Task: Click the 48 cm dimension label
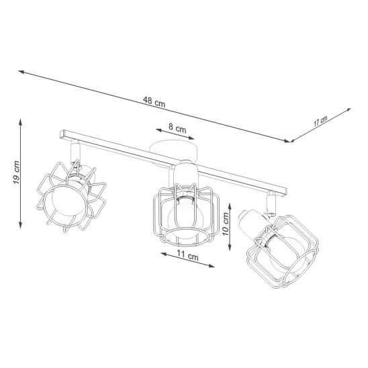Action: coord(154,102)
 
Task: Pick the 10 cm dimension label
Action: coord(226,224)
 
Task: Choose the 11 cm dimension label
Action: coord(187,256)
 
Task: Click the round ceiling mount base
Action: coord(173,150)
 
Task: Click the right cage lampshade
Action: coord(283,252)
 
